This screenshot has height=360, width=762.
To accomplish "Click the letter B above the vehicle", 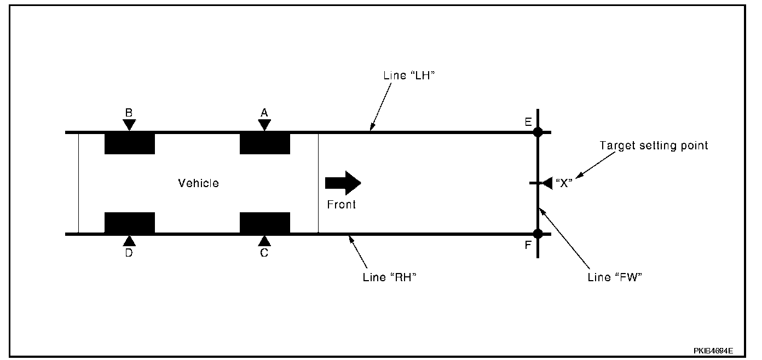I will (x=129, y=113).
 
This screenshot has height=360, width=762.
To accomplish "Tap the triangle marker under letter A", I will (x=264, y=125).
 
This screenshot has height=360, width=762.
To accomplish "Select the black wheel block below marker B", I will (x=129, y=143).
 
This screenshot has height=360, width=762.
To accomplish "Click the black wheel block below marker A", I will (x=265, y=143).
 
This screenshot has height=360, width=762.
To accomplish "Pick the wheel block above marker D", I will (x=129, y=223).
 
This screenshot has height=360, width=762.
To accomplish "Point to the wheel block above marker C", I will (x=265, y=223).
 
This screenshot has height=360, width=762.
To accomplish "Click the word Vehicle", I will (x=198, y=183).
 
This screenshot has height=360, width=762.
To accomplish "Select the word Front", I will (x=341, y=205).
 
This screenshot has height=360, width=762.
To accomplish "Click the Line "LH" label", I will (x=409, y=76).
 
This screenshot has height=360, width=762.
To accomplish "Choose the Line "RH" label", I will (x=390, y=277).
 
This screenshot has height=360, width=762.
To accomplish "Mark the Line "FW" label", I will (x=614, y=277).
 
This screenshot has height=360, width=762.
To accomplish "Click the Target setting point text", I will (x=654, y=146).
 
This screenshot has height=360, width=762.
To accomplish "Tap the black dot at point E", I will (x=538, y=132).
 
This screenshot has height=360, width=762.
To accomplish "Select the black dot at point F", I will (x=538, y=234).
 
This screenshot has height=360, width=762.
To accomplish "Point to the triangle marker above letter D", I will (x=129, y=240).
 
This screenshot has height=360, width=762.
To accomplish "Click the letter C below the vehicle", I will (x=264, y=253).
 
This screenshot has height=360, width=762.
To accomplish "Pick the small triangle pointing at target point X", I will (x=546, y=183).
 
